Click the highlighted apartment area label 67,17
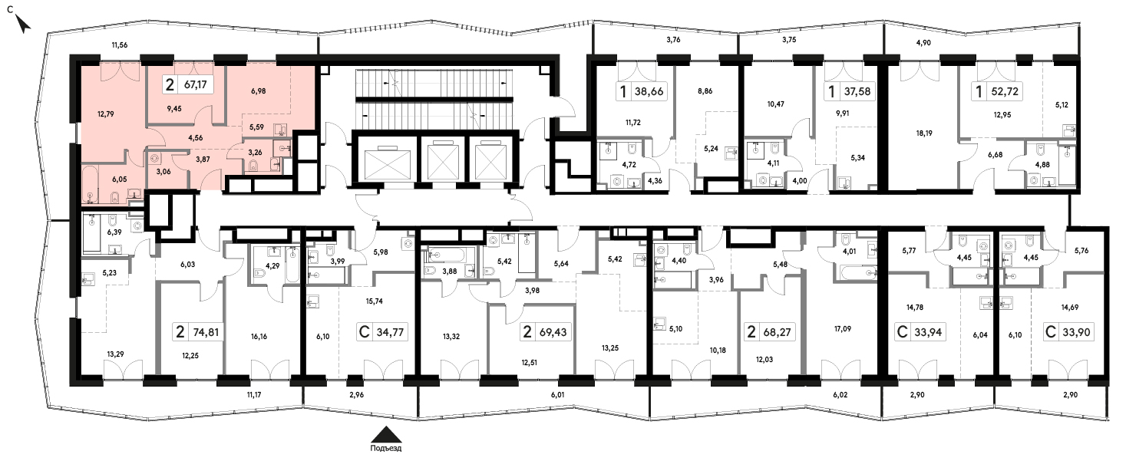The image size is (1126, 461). (195, 84)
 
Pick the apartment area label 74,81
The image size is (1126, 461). (206, 332)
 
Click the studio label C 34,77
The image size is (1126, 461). (381, 332)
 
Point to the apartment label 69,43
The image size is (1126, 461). (553, 332)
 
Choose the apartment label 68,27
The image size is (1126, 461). (777, 332)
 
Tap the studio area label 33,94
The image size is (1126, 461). (928, 332)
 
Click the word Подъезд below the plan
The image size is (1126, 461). (385, 448)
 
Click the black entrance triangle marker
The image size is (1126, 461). (385, 435)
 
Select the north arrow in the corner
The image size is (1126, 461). (22, 24)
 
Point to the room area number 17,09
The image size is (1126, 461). (843, 329)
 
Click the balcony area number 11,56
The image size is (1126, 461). (120, 45)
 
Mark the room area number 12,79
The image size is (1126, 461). (106, 114)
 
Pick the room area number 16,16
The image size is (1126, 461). (259, 337)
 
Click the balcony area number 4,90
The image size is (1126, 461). (923, 43)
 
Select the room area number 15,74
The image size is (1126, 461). (375, 301)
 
